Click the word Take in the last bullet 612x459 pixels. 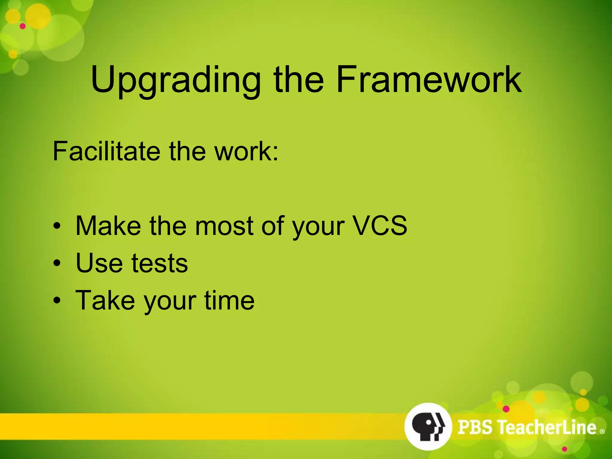[105, 300]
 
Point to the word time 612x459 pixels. [229, 300]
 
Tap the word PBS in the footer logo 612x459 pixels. [475, 427]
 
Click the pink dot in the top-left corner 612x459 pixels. [23, 26]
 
